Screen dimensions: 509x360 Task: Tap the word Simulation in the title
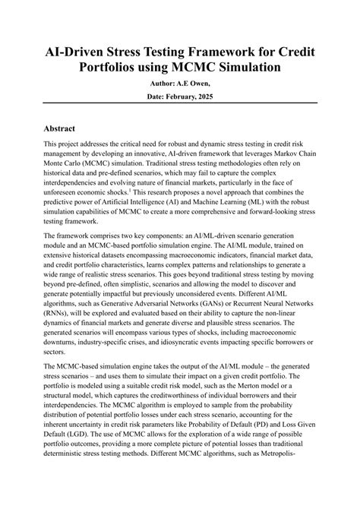[237, 68]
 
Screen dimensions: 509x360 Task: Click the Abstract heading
[65, 129]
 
